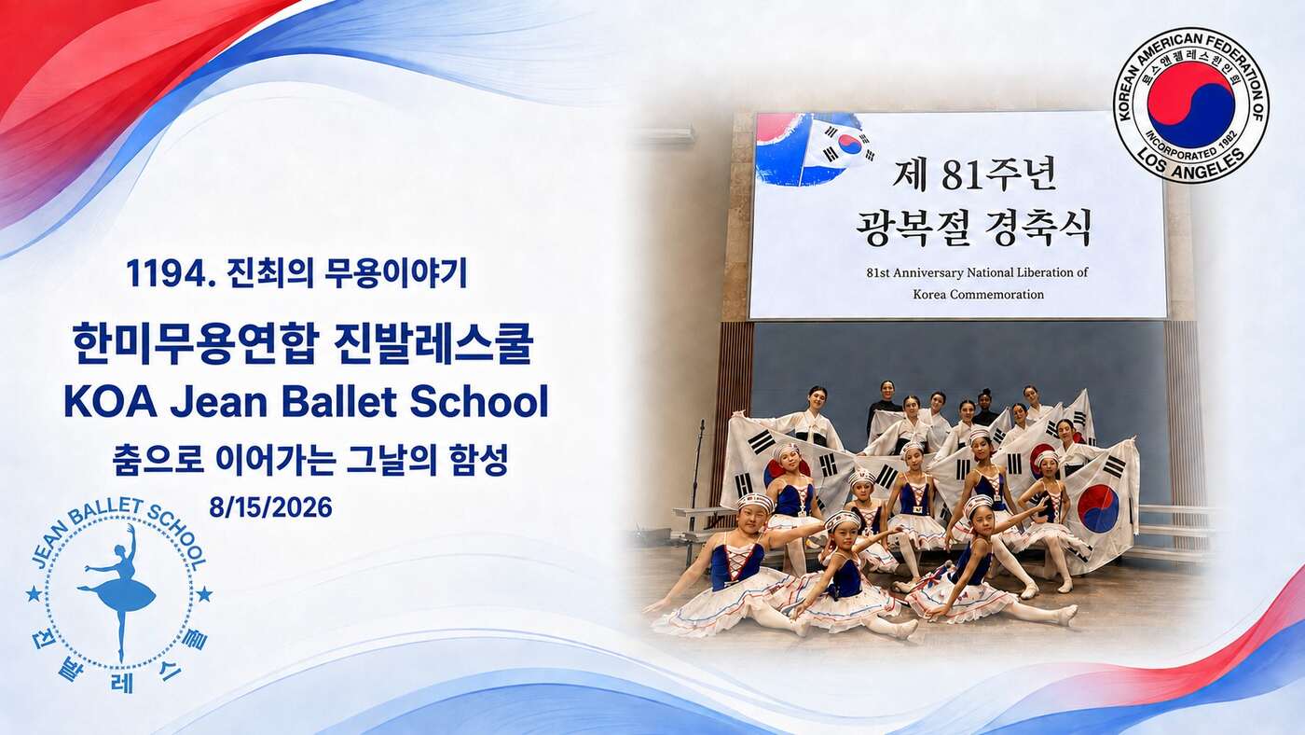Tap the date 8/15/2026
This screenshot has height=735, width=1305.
(271, 507)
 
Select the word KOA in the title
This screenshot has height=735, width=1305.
(111, 402)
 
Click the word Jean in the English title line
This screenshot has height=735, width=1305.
(219, 402)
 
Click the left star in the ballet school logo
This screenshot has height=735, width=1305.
(34, 594)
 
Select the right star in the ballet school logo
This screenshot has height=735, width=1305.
(204, 594)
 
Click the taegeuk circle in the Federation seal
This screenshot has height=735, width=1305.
(1191, 104)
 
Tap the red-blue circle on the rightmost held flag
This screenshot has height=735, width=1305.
(1098, 508)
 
